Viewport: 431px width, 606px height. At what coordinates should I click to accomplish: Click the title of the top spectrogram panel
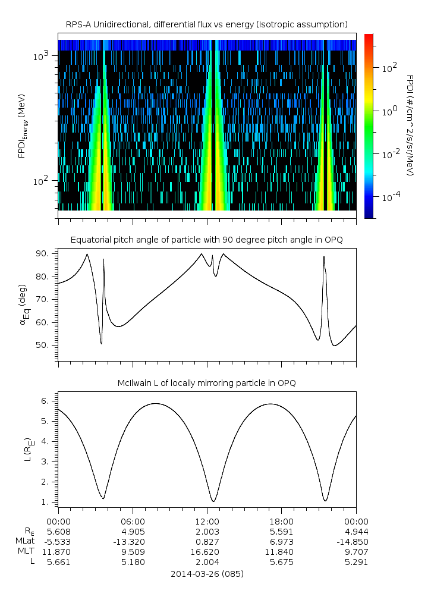click(x=206, y=24)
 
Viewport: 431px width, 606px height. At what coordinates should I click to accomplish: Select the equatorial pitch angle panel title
click(x=206, y=240)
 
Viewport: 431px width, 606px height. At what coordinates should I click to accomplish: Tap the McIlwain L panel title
click(x=206, y=382)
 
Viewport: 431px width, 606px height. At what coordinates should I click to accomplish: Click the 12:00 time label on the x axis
click(x=207, y=520)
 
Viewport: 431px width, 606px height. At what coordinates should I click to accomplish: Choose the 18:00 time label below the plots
click(x=281, y=520)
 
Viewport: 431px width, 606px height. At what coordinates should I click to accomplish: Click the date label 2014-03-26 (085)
click(x=207, y=574)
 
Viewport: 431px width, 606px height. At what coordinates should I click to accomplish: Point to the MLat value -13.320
click(x=133, y=541)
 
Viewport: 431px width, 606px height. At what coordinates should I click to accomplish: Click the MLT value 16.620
click(x=207, y=552)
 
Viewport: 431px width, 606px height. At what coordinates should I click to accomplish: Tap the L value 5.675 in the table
click(x=281, y=562)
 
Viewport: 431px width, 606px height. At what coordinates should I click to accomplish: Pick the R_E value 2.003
click(x=207, y=531)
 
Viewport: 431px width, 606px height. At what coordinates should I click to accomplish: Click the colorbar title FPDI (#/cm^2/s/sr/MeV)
click(x=410, y=125)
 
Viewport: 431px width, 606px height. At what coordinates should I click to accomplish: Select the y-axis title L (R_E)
click(x=27, y=449)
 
